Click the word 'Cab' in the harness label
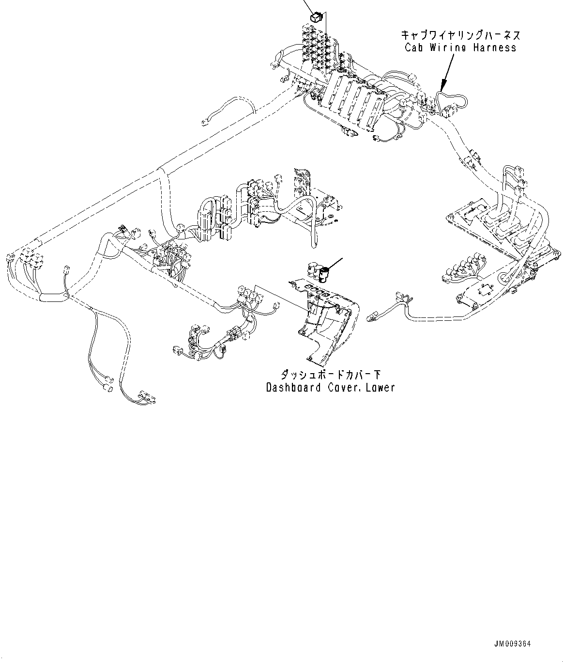414,47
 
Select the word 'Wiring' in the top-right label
449,47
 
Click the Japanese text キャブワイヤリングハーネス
460,35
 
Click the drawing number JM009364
513,644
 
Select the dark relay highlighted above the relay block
315,17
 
